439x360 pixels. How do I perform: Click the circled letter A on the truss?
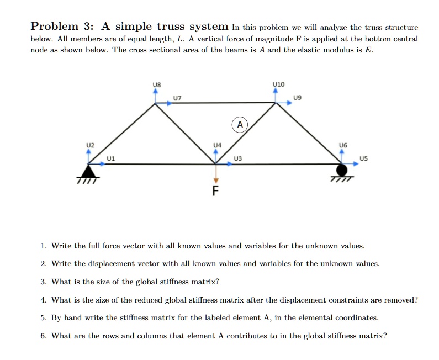click(240, 124)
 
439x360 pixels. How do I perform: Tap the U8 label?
click(156, 84)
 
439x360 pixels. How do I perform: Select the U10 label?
click(278, 84)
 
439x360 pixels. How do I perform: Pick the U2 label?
click(90, 145)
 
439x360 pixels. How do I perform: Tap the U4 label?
click(217, 145)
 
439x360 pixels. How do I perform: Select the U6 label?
click(343, 145)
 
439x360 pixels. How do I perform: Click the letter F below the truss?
click(216, 193)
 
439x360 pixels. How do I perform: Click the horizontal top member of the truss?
click(215, 103)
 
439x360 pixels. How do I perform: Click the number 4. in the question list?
click(44, 300)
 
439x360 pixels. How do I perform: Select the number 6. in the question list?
click(44, 336)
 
